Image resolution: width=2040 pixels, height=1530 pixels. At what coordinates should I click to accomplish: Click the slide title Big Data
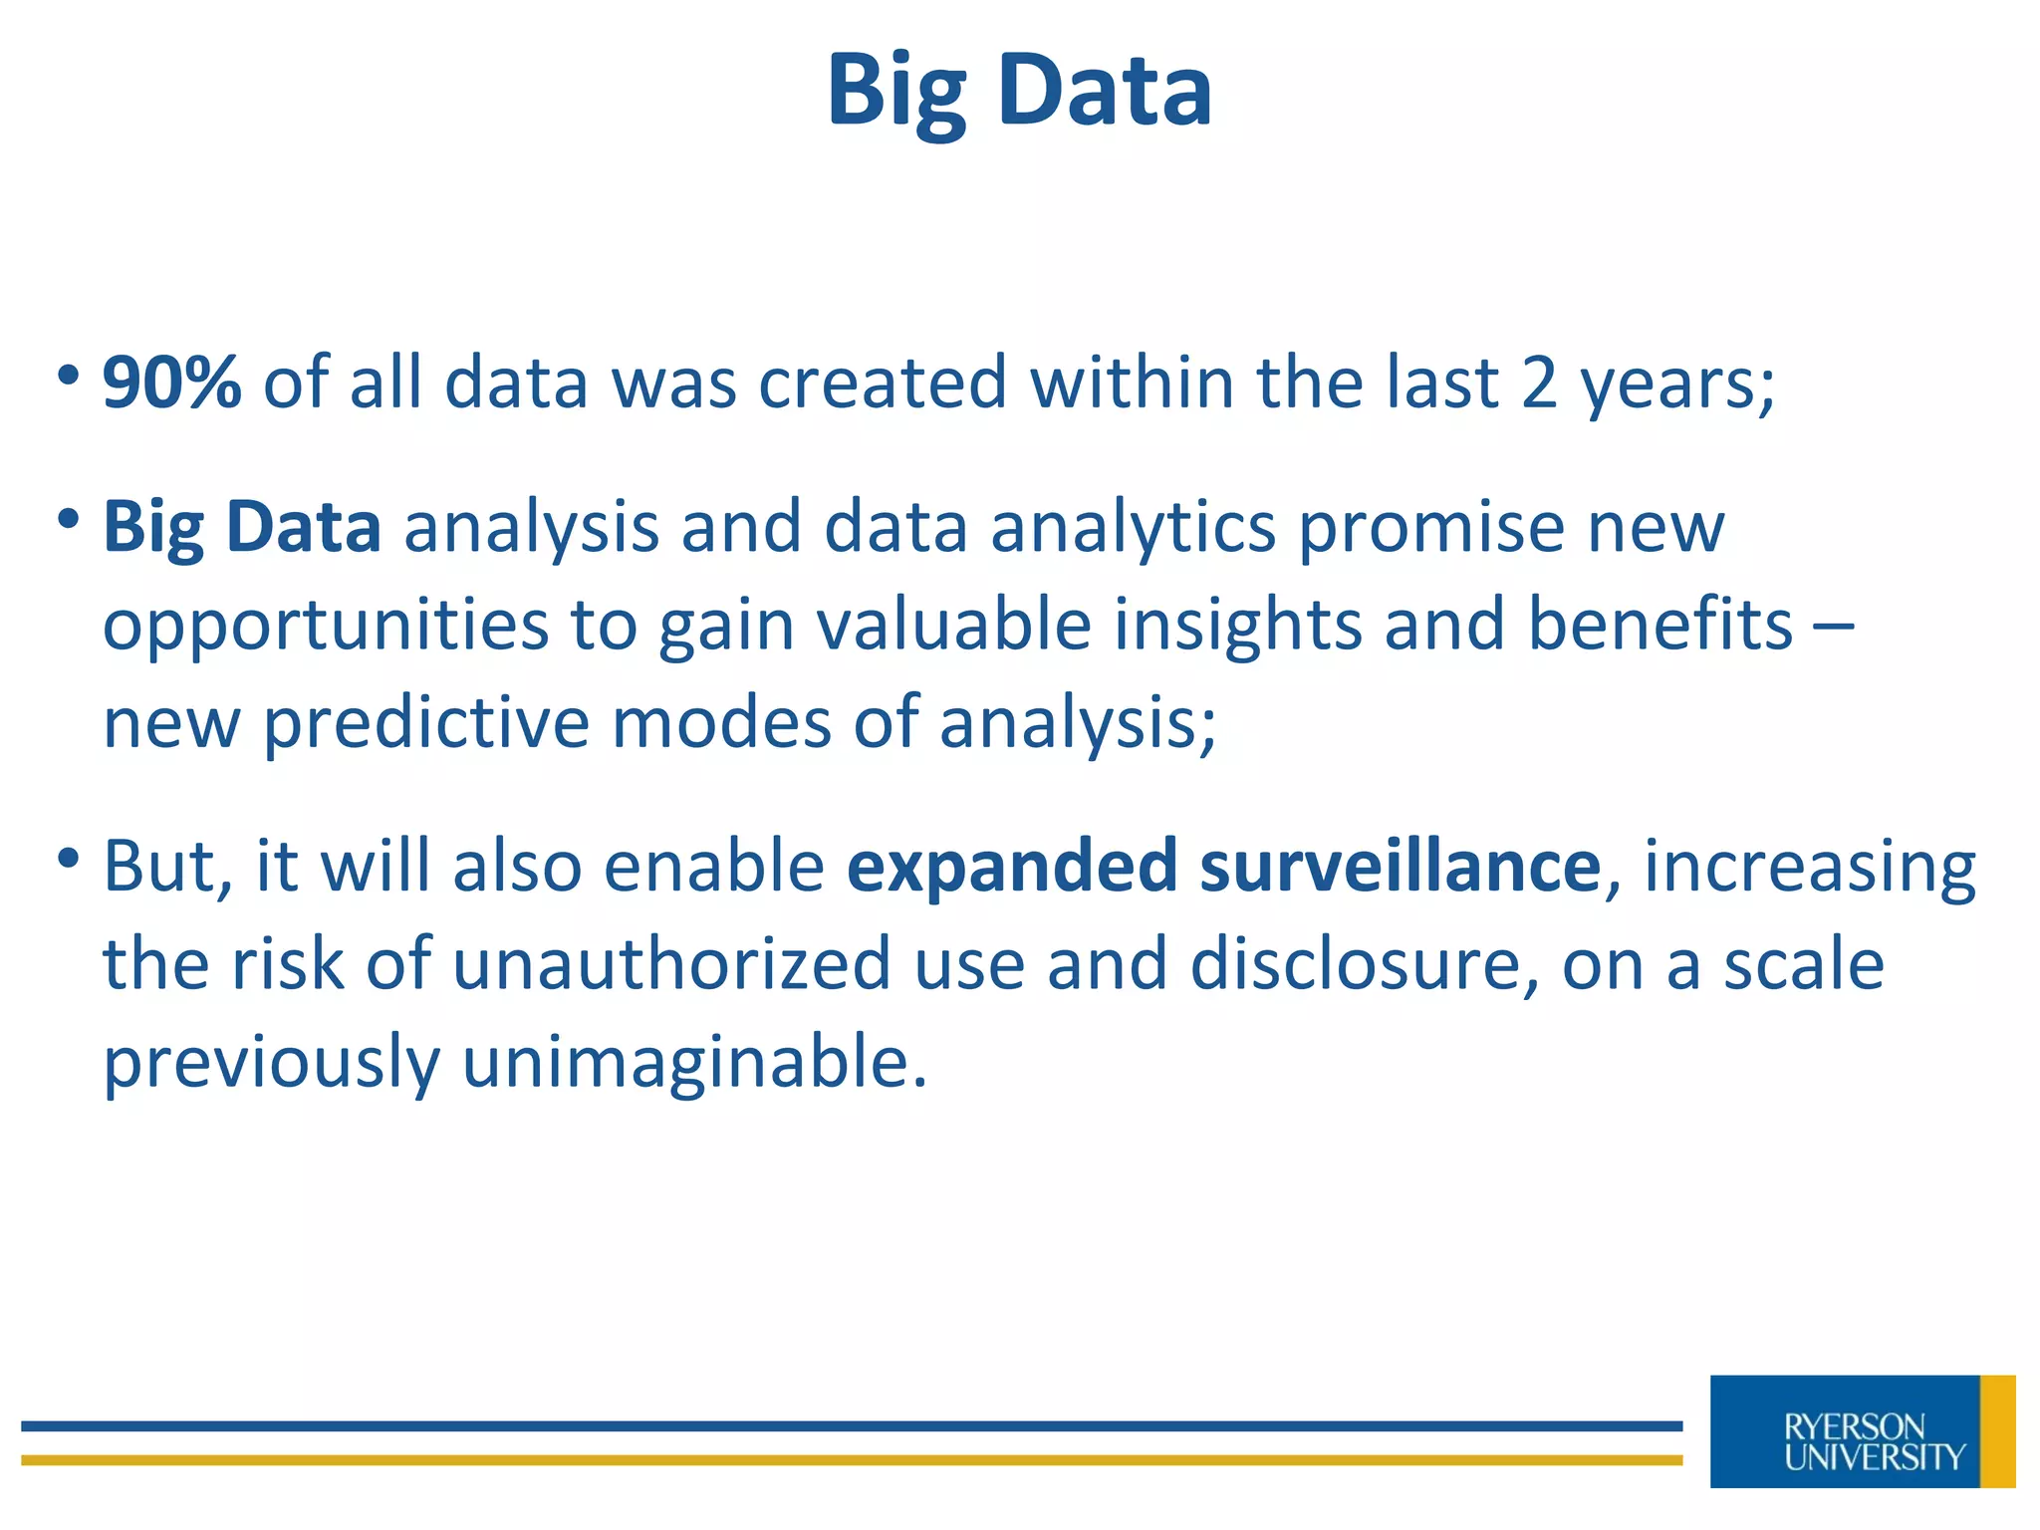tap(1019, 92)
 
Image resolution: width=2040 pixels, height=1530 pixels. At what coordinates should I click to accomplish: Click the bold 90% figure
tap(171, 382)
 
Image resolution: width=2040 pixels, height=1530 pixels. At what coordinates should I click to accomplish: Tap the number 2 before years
tap(1539, 382)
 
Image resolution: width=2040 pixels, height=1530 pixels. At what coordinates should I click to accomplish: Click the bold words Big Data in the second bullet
tap(242, 527)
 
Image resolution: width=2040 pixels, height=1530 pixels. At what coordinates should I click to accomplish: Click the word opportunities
tap(326, 625)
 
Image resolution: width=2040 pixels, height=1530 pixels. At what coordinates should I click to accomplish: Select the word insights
tap(1237, 625)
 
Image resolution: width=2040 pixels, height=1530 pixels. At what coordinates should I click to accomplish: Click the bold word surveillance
tap(1400, 866)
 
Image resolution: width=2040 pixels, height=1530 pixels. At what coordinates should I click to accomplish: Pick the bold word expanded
tap(1012, 866)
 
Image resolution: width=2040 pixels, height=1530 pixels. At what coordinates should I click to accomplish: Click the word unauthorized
tap(671, 964)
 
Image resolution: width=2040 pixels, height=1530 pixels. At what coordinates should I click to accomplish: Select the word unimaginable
tap(693, 1062)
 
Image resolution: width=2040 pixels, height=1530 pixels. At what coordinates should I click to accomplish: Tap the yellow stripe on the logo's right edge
tap(1997, 1431)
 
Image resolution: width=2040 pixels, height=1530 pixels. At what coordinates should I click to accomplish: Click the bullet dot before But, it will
tap(68, 856)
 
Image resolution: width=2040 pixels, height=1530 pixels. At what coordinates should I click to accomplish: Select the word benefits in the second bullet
tap(1659, 625)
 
